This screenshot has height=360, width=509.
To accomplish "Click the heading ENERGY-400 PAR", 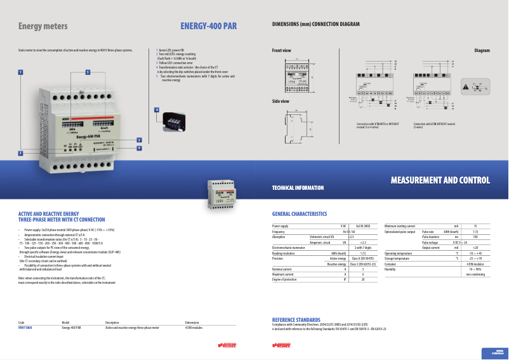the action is (x=208, y=26).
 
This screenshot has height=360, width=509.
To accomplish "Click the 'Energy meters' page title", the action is (x=43, y=26).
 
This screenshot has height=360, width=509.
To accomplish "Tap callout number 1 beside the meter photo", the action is (x=20, y=72).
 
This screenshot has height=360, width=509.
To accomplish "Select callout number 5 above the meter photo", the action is (x=88, y=72).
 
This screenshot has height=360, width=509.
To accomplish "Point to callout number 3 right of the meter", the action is (x=138, y=140).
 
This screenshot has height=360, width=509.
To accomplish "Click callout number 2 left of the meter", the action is (x=20, y=153).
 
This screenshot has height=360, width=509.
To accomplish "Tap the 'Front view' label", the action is (x=281, y=50).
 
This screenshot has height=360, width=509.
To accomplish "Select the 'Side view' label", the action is (x=281, y=101).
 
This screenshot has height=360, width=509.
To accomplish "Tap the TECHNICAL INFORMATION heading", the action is (x=298, y=188).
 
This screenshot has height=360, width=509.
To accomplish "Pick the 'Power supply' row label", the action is (x=280, y=226).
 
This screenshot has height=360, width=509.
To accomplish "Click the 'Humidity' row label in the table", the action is (x=390, y=269).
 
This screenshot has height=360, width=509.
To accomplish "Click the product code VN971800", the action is (x=25, y=328).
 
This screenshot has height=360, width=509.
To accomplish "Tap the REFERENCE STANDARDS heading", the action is (x=296, y=319).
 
